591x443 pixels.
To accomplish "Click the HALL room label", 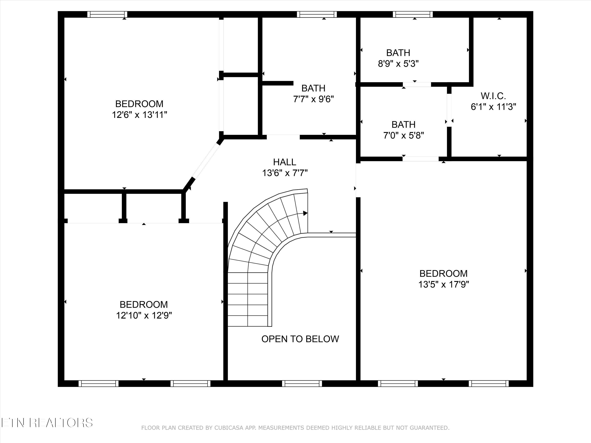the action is pyautogui.click(x=284, y=162).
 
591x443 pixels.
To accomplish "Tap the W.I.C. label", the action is pyautogui.click(x=493, y=96).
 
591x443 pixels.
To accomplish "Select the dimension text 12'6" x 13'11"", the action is pyautogui.click(x=139, y=115).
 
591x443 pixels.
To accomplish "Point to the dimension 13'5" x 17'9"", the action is pyautogui.click(x=443, y=284).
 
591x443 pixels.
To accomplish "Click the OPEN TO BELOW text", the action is pyautogui.click(x=300, y=339).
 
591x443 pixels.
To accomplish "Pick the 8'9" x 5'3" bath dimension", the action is pyautogui.click(x=398, y=64).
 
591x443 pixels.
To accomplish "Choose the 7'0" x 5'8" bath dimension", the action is pyautogui.click(x=403, y=136).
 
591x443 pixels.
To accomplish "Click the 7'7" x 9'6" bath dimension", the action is pyautogui.click(x=313, y=99).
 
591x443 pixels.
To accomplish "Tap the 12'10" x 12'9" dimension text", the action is pyautogui.click(x=144, y=315).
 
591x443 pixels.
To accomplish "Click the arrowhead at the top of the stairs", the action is pyautogui.click(x=305, y=213).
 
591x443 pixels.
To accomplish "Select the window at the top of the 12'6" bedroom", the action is pyautogui.click(x=107, y=14).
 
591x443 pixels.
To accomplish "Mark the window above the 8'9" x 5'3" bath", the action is pyautogui.click(x=413, y=14).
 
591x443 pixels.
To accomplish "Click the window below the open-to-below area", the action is pyautogui.click(x=302, y=384).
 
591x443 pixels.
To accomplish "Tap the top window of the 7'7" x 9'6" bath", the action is pyautogui.click(x=317, y=14).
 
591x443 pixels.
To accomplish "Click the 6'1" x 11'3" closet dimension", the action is pyautogui.click(x=493, y=107).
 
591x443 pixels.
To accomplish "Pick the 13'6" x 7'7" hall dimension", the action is pyautogui.click(x=285, y=173).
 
